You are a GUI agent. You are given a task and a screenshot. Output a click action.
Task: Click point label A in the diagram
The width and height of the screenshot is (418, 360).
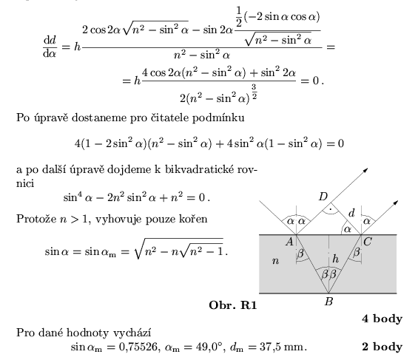pyautogui.click(x=289, y=242)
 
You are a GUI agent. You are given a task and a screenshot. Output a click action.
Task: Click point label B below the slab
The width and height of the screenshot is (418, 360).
pyautogui.click(x=329, y=302)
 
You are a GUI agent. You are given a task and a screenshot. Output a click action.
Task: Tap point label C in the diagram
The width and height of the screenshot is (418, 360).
pyautogui.click(x=368, y=242)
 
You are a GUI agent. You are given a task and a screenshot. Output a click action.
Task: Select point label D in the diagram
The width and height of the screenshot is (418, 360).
pyautogui.click(x=323, y=197)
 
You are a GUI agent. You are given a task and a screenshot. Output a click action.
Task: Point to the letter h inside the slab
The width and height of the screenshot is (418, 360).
pyautogui.click(x=336, y=258)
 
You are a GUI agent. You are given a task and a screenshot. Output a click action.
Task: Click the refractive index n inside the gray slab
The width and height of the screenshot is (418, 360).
pyautogui.click(x=276, y=261)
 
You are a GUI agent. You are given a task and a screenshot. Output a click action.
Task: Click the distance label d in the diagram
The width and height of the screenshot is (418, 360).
pyautogui.click(x=352, y=213)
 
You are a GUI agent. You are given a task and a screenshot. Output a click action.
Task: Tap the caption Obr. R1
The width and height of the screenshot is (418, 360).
pyautogui.click(x=233, y=305)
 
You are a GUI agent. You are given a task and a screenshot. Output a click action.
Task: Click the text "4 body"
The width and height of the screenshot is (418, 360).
pyautogui.click(x=382, y=319)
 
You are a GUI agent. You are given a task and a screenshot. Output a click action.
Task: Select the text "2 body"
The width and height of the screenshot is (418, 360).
pyautogui.click(x=382, y=347)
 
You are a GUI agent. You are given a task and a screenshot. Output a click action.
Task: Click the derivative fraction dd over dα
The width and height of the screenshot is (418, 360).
pyautogui.click(x=50, y=47)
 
